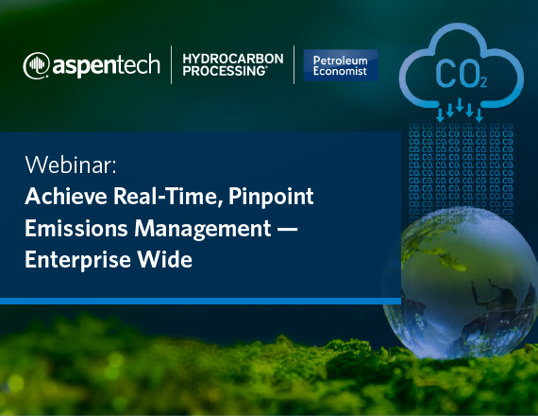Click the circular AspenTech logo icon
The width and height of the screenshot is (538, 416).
click(37, 65)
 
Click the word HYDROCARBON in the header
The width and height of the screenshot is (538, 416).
click(233, 59)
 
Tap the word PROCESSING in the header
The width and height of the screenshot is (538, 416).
click(225, 71)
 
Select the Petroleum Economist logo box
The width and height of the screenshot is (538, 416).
click(341, 65)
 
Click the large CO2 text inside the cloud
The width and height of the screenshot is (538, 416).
click(461, 74)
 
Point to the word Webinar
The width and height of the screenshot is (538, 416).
click(71, 165)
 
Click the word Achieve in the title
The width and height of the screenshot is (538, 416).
click(66, 196)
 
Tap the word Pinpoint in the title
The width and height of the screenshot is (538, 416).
click(271, 197)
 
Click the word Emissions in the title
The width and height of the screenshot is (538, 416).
click(76, 228)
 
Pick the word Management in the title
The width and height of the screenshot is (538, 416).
click(202, 229)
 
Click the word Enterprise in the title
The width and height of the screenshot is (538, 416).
click(77, 260)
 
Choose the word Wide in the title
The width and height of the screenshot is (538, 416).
click(164, 259)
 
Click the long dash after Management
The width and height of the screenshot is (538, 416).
click(287, 229)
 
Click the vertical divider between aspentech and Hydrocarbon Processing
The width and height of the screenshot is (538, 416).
click(171, 64)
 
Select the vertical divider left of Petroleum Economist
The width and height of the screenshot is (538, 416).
click(294, 64)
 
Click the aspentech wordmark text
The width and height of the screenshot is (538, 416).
click(107, 65)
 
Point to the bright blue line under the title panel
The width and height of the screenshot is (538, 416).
click(200, 302)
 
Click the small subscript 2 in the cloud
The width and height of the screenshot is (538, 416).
click(483, 83)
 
